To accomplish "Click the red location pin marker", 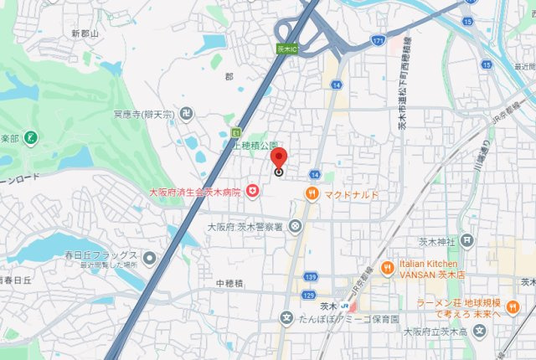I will (279, 158).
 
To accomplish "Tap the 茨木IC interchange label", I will (287, 50).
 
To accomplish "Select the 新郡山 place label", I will (85, 33).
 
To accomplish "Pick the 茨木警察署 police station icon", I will (295, 226).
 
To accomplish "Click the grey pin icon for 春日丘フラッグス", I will (149, 256).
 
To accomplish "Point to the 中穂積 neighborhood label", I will (229, 284).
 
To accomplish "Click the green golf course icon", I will (31, 136).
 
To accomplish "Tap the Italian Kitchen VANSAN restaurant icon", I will (386, 268).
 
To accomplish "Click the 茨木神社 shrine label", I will (435, 242).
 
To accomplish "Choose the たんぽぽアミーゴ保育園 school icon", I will (286, 319).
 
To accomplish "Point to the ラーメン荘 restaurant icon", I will (513, 306).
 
